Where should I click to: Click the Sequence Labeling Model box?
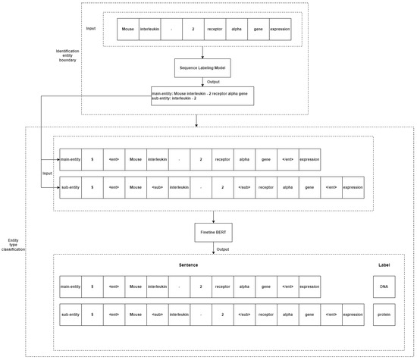click(202, 68)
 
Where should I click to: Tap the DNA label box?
click(384, 286)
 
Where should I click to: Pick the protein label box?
click(384, 313)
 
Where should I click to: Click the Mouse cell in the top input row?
click(128, 30)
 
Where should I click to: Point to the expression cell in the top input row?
click(280, 30)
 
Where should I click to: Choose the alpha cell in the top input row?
click(237, 30)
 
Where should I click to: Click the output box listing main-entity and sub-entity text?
click(202, 95)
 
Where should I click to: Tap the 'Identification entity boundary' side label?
click(64, 55)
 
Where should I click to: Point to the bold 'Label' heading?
click(384, 265)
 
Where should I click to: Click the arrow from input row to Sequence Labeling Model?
click(202, 51)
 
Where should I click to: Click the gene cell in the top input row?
click(258, 30)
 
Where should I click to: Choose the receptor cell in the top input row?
click(215, 30)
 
